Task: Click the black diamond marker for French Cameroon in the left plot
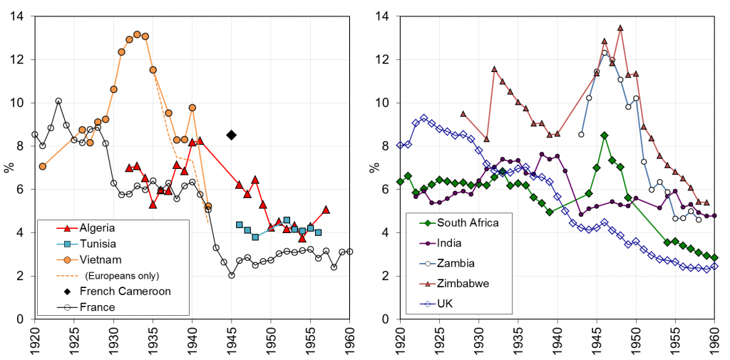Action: (231, 135)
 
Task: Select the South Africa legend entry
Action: (467, 222)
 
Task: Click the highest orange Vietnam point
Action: (137, 34)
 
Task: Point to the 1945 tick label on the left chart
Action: (232, 344)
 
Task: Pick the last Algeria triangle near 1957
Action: (326, 210)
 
